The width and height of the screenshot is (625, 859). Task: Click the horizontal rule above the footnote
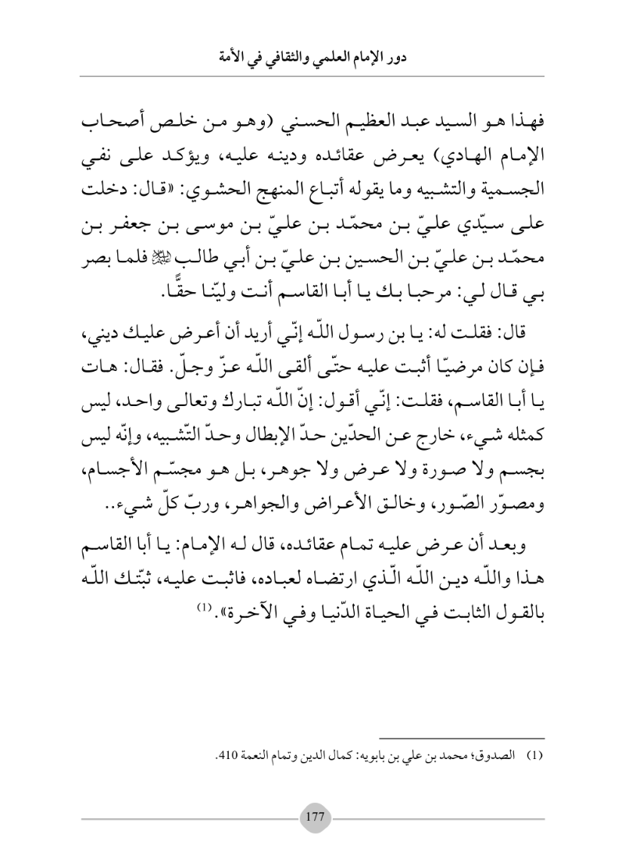point(466,737)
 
